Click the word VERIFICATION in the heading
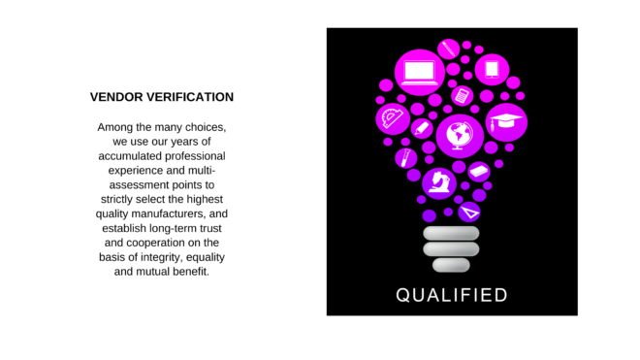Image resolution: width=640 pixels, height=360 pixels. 190,97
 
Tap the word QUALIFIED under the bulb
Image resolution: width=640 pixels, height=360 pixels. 452,295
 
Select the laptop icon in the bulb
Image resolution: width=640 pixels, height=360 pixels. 420,73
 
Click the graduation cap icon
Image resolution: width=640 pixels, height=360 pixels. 506,122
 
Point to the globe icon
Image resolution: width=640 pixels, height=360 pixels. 460,136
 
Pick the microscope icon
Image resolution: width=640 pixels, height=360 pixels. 438,182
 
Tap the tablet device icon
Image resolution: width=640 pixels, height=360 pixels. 492,69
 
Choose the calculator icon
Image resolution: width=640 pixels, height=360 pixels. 462,96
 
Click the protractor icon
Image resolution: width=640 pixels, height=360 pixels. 393,118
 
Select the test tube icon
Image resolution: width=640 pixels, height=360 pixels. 405,158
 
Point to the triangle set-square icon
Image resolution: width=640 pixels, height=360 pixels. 469,213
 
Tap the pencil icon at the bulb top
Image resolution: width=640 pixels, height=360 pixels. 449,49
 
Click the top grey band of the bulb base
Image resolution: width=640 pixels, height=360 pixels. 451,233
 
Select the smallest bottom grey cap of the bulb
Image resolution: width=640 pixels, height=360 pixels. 451,265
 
